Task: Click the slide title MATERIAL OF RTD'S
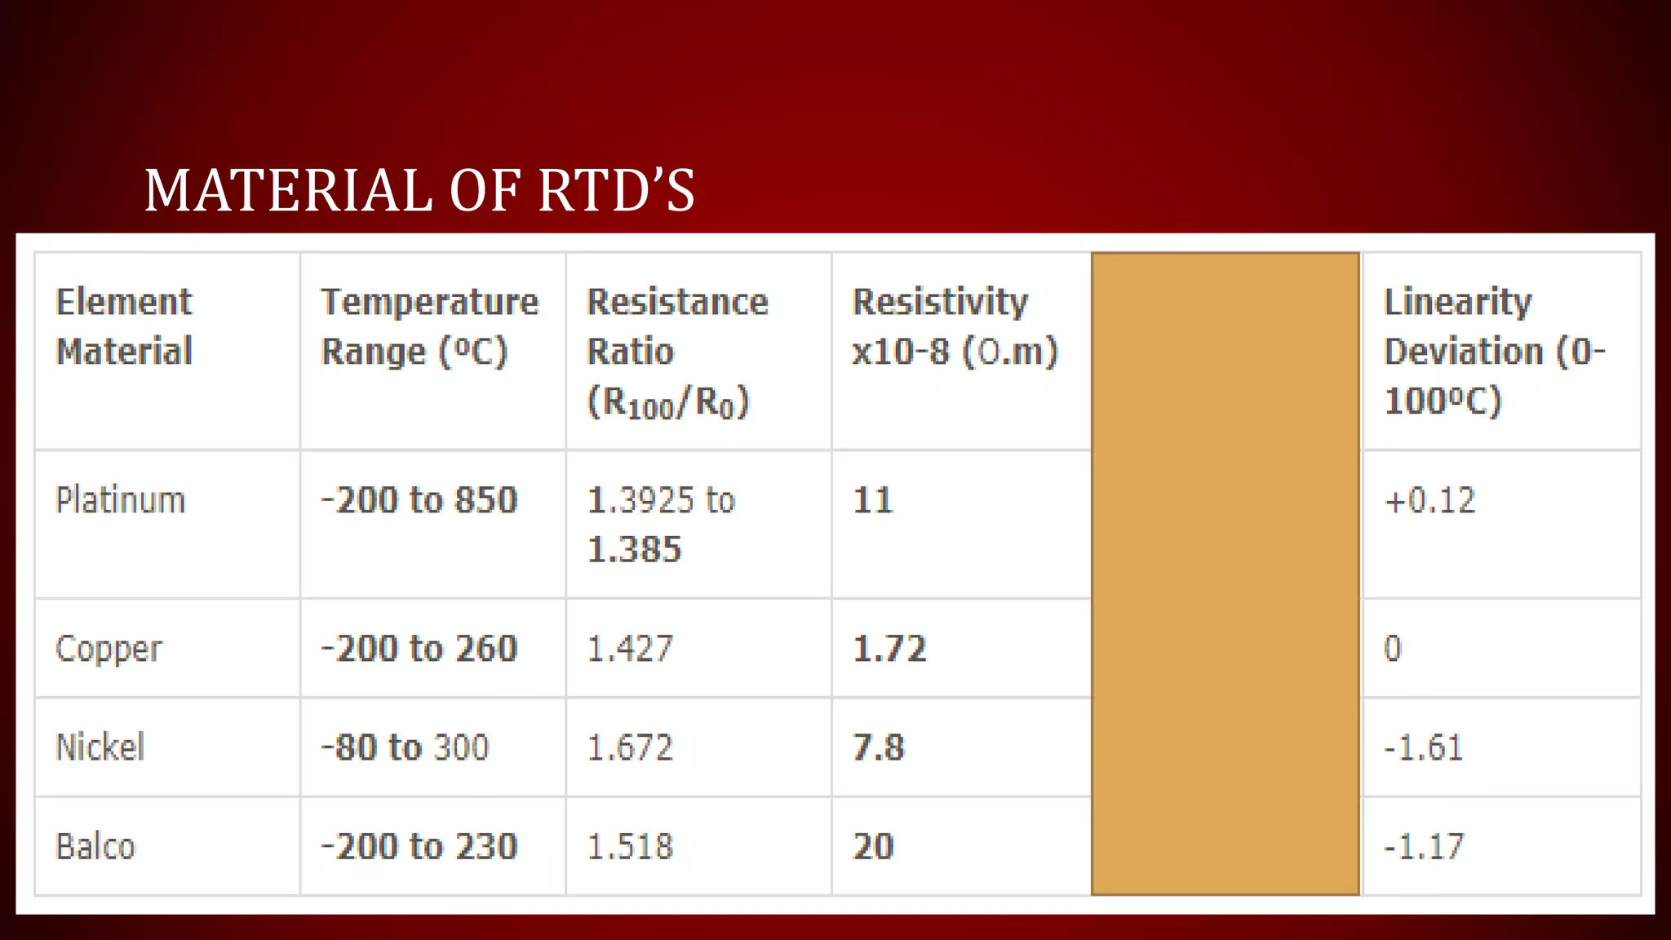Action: [x=419, y=190]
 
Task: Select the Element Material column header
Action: [x=124, y=326]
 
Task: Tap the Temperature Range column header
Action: [x=430, y=326]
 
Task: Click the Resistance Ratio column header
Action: [x=677, y=351]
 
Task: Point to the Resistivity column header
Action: [x=955, y=326]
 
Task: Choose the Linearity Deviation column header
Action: [x=1493, y=351]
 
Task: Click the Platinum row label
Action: [x=120, y=500]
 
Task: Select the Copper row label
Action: [x=109, y=650]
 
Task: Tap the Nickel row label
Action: [x=100, y=747]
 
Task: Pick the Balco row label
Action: [x=95, y=846]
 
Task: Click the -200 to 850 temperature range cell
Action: [x=419, y=500]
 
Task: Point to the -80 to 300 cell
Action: [x=405, y=747]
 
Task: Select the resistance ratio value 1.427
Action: [x=630, y=649]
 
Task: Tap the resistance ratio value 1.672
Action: [x=630, y=747]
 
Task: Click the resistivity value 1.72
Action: [x=889, y=649]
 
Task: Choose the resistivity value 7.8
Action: [x=878, y=747]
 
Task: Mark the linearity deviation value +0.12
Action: [x=1429, y=500]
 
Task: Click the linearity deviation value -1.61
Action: [x=1424, y=747]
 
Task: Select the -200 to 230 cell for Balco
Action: [x=419, y=846]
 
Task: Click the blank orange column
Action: [x=1225, y=574]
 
